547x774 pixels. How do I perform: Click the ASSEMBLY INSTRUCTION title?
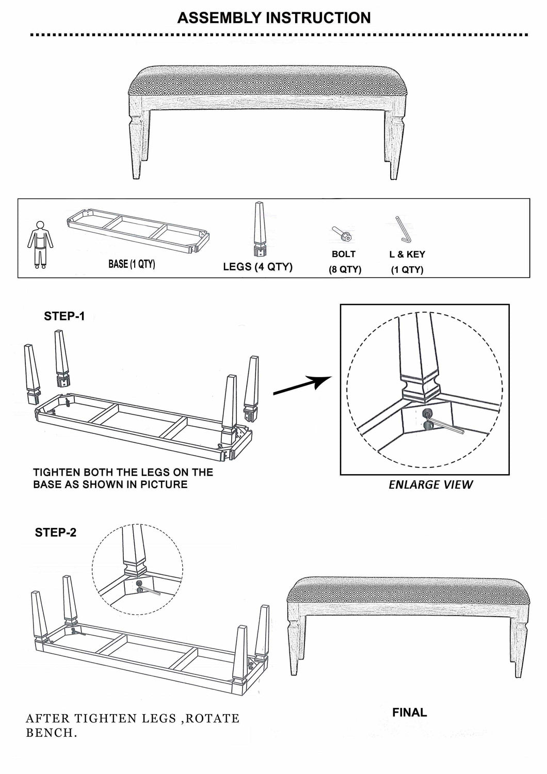273,18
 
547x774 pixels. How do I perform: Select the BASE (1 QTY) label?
132,264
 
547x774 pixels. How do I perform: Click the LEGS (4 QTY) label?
258,267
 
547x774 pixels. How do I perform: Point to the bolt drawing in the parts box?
343,234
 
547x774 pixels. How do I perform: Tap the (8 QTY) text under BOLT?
345,269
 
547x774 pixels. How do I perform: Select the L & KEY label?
407,254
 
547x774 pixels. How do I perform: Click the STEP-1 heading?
64,316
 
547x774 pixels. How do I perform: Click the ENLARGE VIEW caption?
430,485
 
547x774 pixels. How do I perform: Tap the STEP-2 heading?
55,533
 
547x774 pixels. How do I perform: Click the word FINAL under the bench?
409,713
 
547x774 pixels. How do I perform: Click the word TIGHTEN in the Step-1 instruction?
57,472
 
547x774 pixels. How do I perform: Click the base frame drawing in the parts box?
139,230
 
